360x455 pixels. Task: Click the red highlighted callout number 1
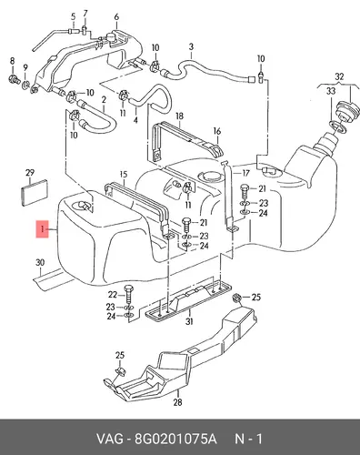point(42,229)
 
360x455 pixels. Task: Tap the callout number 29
point(30,173)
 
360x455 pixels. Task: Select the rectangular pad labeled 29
point(35,192)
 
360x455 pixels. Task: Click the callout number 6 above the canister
point(117,17)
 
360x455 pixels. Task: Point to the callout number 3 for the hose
point(191,47)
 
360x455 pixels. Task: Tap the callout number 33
point(331,90)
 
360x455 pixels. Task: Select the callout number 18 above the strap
point(179,116)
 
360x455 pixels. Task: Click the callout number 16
point(217,131)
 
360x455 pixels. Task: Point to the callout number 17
point(245,173)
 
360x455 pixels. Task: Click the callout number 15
point(124,175)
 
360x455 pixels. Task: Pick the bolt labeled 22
point(129,294)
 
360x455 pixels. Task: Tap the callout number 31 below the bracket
point(189,321)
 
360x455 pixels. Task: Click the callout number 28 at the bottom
point(177,402)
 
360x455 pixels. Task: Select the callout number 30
point(40,263)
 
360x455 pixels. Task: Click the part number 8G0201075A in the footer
point(175,439)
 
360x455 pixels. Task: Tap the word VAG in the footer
point(110,439)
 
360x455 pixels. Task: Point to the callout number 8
point(12,61)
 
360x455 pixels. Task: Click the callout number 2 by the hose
point(104,100)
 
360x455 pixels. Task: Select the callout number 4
point(135,120)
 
